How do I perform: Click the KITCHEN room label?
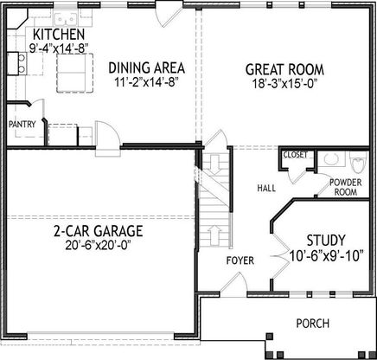pyautogui.click(x=59, y=35)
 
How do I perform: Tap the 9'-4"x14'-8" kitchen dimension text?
pyautogui.click(x=59, y=48)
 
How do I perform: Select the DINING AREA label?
pyautogui.click(x=147, y=68)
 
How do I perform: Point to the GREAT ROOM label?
pyautogui.click(x=284, y=70)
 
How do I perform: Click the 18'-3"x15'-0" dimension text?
pyautogui.click(x=285, y=84)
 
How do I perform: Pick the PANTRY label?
pyautogui.click(x=22, y=125)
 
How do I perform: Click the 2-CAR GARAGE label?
pyautogui.click(x=99, y=231)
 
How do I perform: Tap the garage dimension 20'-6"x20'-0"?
pyautogui.click(x=99, y=246)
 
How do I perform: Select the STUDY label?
pyautogui.click(x=326, y=240)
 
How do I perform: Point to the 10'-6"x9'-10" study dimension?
pyautogui.click(x=326, y=256)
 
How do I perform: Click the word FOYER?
pyautogui.click(x=240, y=260)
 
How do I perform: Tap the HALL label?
pyautogui.click(x=266, y=189)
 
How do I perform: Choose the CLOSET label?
pyautogui.click(x=296, y=155)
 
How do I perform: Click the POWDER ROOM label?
pyautogui.click(x=346, y=187)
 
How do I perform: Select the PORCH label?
pyautogui.click(x=313, y=324)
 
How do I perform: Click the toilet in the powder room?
pyautogui.click(x=358, y=162)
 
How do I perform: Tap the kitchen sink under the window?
pyautogui.click(x=66, y=19)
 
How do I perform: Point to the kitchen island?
pyautogui.click(x=75, y=73)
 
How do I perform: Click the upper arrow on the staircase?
pyautogui.click(x=214, y=164)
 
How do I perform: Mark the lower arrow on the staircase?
pyautogui.click(x=214, y=235)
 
